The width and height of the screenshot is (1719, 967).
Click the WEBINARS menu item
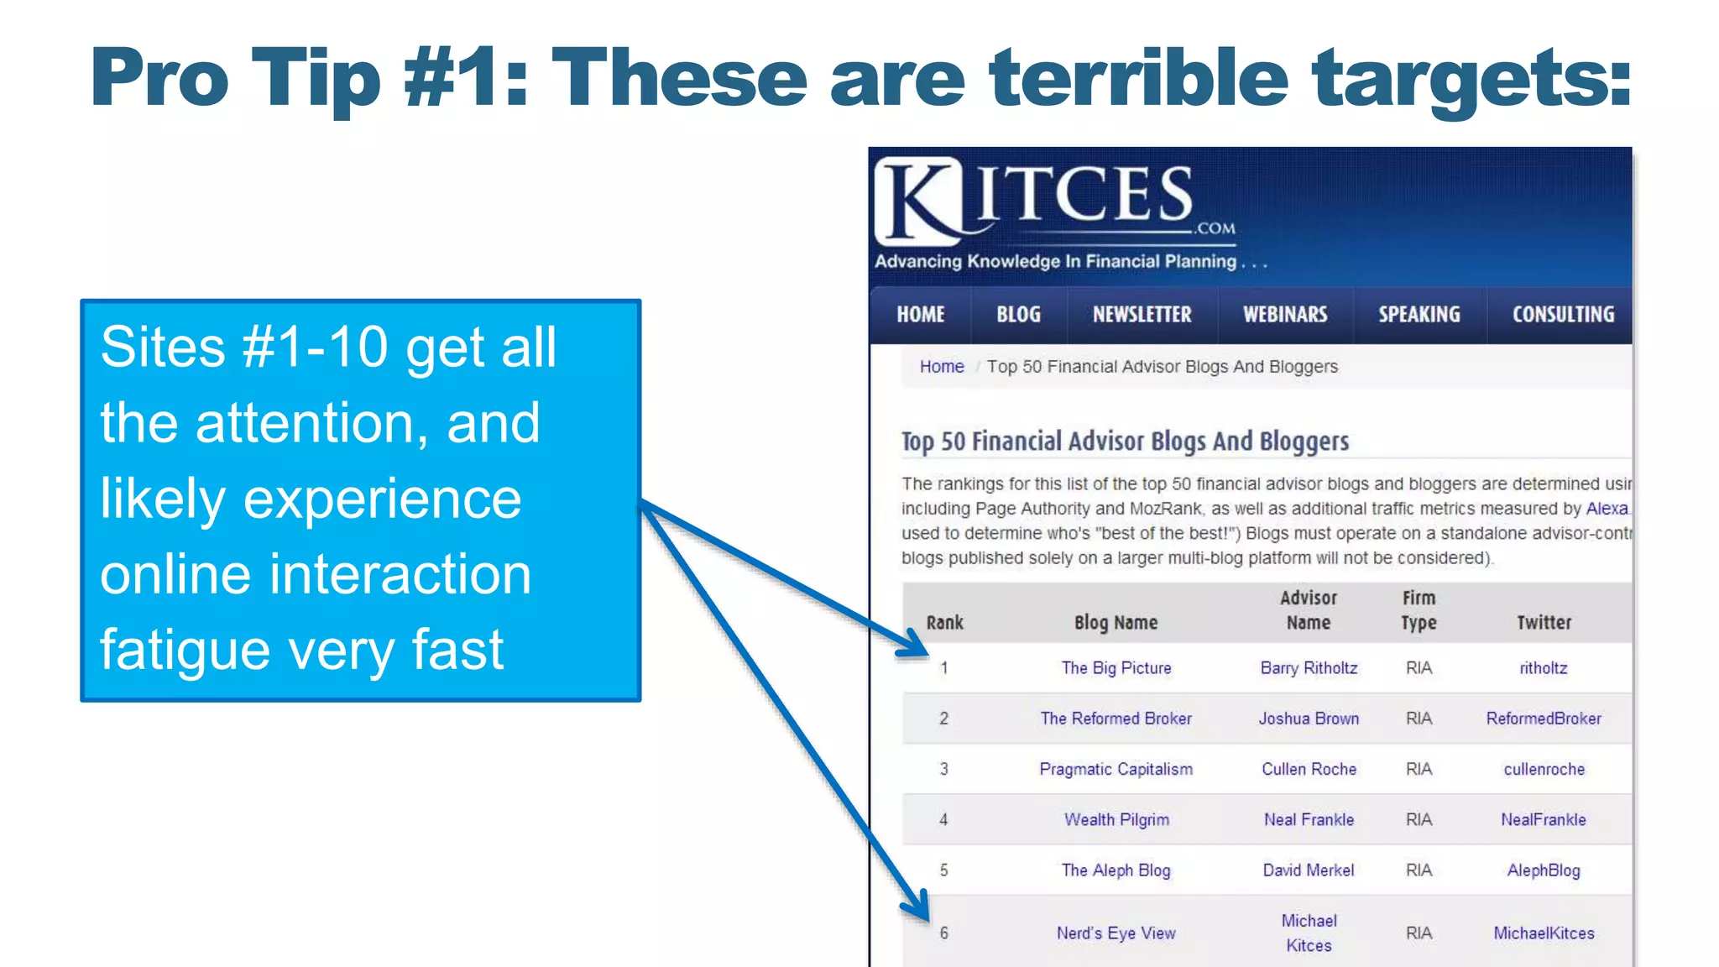tap(1285, 315)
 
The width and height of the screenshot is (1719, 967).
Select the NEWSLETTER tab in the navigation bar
tap(1142, 315)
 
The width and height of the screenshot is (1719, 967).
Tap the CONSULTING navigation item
tap(1563, 315)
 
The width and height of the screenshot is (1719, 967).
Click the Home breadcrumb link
tap(942, 367)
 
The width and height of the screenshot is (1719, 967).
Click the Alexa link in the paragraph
tap(1607, 509)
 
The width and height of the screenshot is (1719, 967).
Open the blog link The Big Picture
tap(1116, 668)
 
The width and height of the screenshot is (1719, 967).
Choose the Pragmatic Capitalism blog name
tap(1116, 769)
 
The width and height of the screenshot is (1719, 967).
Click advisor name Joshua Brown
tap(1309, 719)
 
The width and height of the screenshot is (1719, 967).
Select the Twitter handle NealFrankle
tap(1544, 819)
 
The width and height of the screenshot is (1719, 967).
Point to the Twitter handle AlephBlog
tap(1544, 870)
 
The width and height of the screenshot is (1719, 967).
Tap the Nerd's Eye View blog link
tap(1116, 933)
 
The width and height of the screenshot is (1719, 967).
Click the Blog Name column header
tap(1116, 623)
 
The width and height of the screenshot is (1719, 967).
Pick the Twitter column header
tap(1544, 623)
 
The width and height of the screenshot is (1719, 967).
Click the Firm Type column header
tap(1419, 610)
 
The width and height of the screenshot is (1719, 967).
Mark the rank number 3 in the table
tap(944, 769)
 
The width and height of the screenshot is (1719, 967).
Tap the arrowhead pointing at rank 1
tap(916, 646)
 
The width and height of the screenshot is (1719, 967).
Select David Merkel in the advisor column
tap(1309, 870)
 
